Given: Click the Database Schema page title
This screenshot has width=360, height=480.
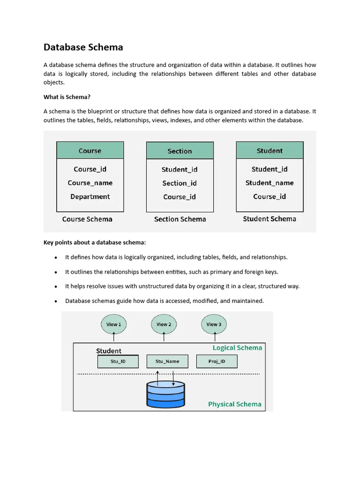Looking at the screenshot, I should [x=83, y=47].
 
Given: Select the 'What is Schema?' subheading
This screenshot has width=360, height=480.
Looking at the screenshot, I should [x=67, y=97].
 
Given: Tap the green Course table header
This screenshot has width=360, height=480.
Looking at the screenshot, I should [x=90, y=150].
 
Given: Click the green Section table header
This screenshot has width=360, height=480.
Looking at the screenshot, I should [x=180, y=151].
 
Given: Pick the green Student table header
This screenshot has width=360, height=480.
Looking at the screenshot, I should [x=270, y=150].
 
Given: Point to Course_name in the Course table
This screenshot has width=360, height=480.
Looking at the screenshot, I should [x=90, y=183].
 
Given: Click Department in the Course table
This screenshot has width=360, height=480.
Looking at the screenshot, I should [x=90, y=196].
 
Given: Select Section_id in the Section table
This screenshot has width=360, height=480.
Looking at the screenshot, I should [x=180, y=183].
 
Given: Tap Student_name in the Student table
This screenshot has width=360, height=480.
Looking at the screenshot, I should [x=270, y=183].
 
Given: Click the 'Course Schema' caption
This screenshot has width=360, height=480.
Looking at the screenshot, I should [x=87, y=219].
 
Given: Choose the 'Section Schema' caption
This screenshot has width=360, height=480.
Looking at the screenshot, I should [x=180, y=219].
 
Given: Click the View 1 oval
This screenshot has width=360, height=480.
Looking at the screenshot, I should [x=114, y=324].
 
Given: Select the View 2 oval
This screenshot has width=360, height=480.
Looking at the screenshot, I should [x=164, y=324].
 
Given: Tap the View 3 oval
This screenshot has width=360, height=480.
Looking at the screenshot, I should [x=214, y=324].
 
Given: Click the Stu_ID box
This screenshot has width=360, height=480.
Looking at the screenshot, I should [x=118, y=361].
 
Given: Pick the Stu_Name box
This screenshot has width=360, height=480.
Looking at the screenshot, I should [x=167, y=361].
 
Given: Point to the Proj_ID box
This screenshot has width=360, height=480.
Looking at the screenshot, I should [x=217, y=361].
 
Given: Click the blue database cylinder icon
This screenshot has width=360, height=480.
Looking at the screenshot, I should [x=165, y=394].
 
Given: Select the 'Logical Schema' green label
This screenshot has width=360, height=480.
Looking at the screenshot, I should [x=237, y=348].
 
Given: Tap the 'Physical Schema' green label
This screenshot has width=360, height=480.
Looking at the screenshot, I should [x=235, y=404].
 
